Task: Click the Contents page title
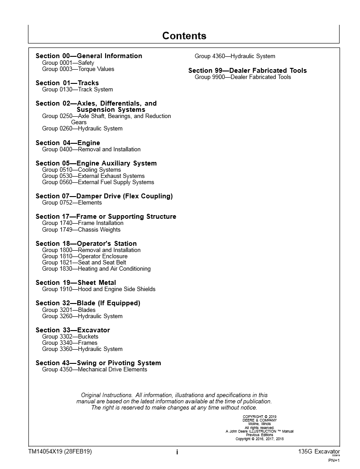coord(184,36)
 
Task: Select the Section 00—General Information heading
coord(89,56)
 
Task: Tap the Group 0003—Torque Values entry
coord(78,69)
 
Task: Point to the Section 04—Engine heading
coord(68,143)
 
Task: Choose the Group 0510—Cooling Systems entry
coord(81,170)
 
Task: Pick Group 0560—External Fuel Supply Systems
coord(98,182)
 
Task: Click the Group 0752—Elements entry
coord(72,203)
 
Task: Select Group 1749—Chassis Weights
coord(81,230)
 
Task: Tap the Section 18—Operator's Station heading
coord(86,244)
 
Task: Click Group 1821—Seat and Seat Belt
coord(84,263)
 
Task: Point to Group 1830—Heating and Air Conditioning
coord(96,269)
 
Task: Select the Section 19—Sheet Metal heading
coord(76,283)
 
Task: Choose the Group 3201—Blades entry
coord(69,310)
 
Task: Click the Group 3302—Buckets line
coord(70,337)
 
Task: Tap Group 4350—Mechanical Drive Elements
coord(95,370)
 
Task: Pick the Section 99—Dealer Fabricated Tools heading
coord(247,71)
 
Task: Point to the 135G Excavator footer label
coord(319,452)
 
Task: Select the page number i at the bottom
coord(177,452)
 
